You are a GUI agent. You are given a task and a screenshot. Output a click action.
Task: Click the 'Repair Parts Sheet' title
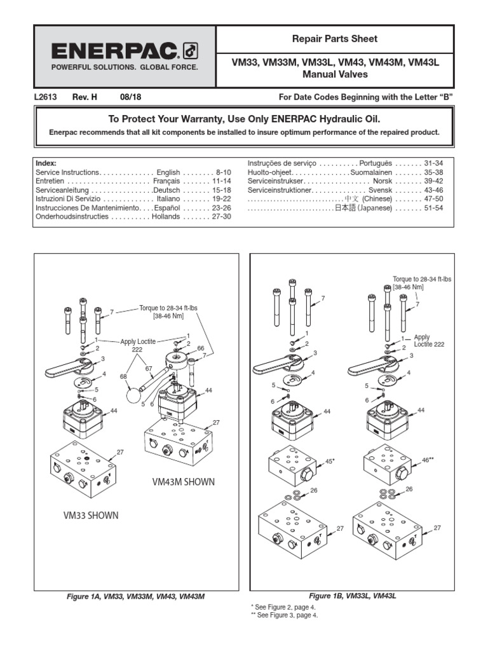(x=334, y=39)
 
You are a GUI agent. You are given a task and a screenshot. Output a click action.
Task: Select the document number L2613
(x=46, y=97)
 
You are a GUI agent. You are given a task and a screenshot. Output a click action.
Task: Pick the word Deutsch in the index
(x=166, y=190)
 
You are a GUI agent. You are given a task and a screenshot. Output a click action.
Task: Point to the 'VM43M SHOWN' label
(x=183, y=482)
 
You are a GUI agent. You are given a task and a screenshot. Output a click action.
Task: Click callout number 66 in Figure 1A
(x=200, y=348)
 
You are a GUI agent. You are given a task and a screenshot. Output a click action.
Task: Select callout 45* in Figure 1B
(x=329, y=461)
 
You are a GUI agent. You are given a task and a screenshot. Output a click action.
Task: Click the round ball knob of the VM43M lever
(x=135, y=395)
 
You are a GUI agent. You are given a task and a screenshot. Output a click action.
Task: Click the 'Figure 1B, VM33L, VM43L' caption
(x=352, y=596)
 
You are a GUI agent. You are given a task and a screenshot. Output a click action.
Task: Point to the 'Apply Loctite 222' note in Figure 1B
(x=428, y=341)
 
